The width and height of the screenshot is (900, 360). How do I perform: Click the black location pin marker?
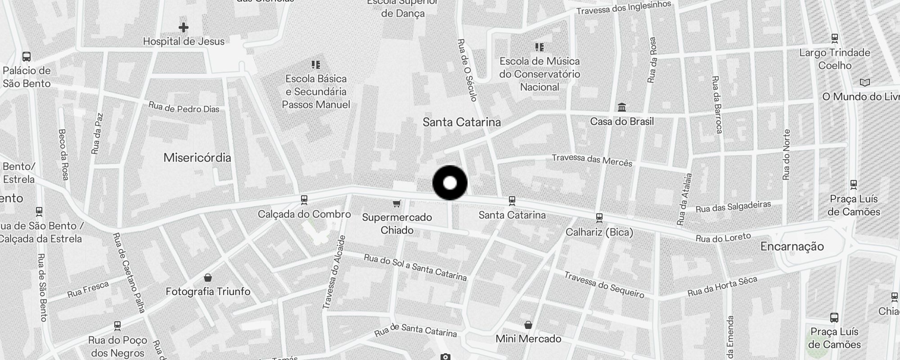450,183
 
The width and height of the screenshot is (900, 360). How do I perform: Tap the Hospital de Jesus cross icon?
183,27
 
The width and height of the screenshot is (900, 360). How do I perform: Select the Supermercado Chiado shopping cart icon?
396,204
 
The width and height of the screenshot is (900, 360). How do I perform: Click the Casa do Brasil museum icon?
622,107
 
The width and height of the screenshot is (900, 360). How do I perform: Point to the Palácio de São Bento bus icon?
27,57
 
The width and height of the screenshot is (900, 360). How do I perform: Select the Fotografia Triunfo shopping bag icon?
208,278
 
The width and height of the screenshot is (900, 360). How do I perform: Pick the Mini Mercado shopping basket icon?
528,325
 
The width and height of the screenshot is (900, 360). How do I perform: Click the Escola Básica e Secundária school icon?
316,65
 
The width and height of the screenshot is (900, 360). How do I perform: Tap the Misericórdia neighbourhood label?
197,157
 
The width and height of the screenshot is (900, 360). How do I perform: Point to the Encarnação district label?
792,246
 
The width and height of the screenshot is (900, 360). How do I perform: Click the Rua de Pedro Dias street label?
184,108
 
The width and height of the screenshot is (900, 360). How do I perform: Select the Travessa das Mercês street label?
592,160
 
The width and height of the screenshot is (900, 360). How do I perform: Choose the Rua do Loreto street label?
723,238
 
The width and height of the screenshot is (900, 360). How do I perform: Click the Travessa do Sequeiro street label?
604,285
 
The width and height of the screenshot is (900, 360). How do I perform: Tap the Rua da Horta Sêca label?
722,287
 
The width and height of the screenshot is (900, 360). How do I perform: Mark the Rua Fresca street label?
88,289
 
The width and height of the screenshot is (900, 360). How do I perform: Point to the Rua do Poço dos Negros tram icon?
117,325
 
